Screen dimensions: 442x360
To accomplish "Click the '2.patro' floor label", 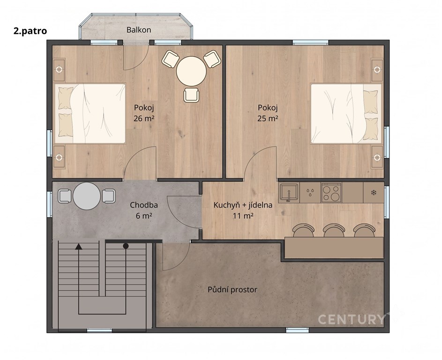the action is point(30,31).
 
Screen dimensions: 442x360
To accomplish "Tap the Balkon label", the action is point(139,30).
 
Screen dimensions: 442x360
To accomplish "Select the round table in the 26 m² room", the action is point(191,71).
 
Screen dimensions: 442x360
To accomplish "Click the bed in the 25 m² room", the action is point(346,113).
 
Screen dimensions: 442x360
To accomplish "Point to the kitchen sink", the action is point(289,192).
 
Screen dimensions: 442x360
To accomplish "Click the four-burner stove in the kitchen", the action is point(331,193).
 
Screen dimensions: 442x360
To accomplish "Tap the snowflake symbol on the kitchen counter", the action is point(374,193).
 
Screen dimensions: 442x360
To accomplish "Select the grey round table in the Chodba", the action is point(87,196).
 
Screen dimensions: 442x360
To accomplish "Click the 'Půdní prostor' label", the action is point(232,290).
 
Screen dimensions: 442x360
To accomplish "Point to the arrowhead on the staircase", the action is point(79,247).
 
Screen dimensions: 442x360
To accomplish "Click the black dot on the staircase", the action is point(126,246).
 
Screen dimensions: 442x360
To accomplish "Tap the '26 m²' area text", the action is point(144,119).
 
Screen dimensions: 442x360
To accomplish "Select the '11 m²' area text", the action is point(243,216).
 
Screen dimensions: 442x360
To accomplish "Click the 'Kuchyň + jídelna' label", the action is point(243,205).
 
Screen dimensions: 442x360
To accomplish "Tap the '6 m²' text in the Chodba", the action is point(144,216).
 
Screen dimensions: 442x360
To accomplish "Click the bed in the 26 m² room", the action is point(90,113).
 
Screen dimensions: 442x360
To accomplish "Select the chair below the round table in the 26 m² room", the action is point(191,95).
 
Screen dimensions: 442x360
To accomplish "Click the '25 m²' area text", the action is point(268,119).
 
